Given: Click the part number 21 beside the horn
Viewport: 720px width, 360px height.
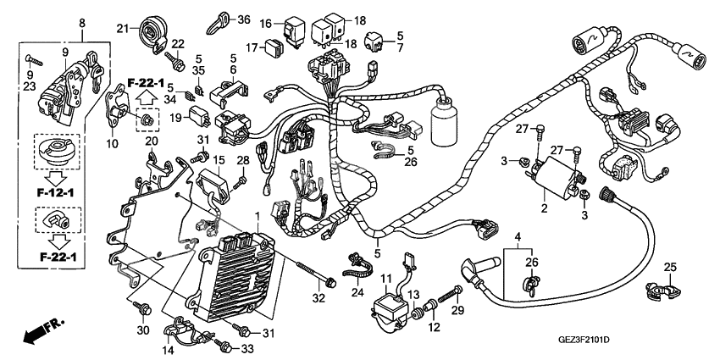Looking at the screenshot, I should tap(121, 29).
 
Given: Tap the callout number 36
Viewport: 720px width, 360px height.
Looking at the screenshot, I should tap(244, 19).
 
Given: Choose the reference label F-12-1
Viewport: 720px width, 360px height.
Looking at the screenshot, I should tap(52, 192).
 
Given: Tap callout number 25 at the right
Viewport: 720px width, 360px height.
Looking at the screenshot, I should tap(669, 268).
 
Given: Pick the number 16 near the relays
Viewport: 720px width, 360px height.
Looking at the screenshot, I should tap(265, 23).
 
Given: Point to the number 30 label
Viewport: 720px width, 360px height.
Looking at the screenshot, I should tap(142, 330).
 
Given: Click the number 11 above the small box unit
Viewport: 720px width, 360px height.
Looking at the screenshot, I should tap(385, 280).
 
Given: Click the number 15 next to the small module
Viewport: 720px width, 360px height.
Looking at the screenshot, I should tap(219, 161).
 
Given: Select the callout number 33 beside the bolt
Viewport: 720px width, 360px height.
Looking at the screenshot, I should tap(249, 349).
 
